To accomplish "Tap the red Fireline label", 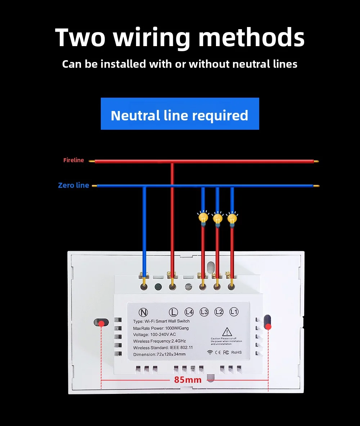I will pos(73,160).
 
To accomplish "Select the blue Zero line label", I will pos(73,186).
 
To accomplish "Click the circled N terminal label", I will pos(143,312).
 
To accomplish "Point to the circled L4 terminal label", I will pos(189,312).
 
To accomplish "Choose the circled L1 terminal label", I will pos(234,312).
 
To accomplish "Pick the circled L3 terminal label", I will pos(204,312).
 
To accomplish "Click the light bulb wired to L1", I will pos(232,218).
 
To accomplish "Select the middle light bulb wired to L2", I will pos(217,218).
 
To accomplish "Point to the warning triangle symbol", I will pos(226,332).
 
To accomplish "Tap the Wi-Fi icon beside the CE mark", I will pos(210,352).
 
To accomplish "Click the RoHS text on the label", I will pos(237,352).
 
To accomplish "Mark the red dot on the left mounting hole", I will pos(102,324).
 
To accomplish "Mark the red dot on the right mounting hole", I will pos(268,327).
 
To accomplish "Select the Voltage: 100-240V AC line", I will pos(154,334).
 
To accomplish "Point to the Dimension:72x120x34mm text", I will pos(159,354).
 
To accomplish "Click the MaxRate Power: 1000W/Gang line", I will pos(161,328).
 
